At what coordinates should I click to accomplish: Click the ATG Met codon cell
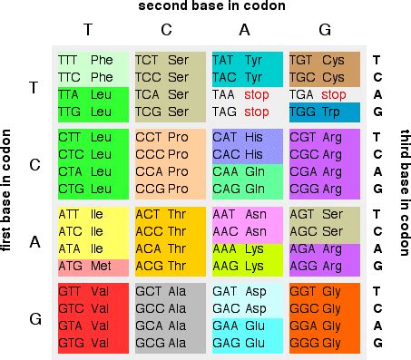pyautogui.click(x=92, y=266)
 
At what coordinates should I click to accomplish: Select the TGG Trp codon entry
pyautogui.click(x=324, y=112)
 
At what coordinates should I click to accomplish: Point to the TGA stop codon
pyautogui.click(x=324, y=94)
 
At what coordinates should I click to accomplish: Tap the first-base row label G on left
pyautogui.click(x=34, y=318)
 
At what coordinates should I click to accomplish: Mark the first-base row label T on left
pyautogui.click(x=34, y=86)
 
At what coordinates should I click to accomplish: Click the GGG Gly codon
pyautogui.click(x=324, y=344)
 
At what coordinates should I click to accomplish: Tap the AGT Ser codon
pyautogui.click(x=324, y=214)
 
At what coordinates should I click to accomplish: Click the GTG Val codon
pyautogui.click(x=92, y=344)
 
